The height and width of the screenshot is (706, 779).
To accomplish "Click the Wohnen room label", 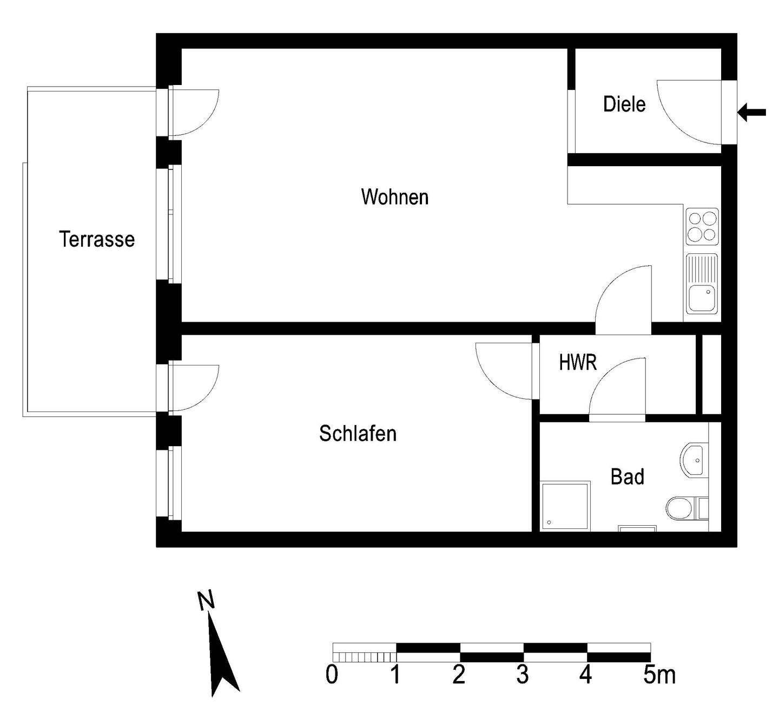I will (x=394, y=197).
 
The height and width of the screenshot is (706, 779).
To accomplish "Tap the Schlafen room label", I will (x=358, y=434).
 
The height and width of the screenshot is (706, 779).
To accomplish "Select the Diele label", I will (x=624, y=104).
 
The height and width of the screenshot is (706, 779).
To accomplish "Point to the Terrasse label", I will (x=97, y=239).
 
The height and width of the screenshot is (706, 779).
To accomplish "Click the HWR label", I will (x=578, y=362).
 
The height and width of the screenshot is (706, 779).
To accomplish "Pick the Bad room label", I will (x=627, y=477).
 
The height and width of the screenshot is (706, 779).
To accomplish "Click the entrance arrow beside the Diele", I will (x=752, y=113).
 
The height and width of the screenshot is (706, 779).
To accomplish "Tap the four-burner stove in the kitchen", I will (x=702, y=226).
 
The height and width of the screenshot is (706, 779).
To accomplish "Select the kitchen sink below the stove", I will (x=702, y=284).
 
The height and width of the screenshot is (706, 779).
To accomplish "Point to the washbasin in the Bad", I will (x=693, y=461).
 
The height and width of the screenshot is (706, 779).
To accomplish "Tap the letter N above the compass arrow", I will (x=206, y=600).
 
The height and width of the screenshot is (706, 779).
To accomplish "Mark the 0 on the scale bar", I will (x=332, y=675).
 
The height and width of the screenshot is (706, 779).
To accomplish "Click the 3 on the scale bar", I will (x=522, y=675).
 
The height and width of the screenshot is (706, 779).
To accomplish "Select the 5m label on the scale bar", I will (x=659, y=675).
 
